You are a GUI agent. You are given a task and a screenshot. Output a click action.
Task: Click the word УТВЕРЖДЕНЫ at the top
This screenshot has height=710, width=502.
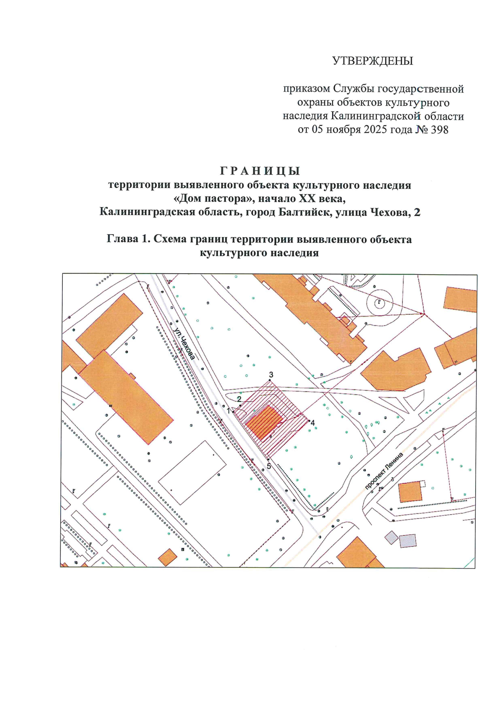pyautogui.click(x=372, y=61)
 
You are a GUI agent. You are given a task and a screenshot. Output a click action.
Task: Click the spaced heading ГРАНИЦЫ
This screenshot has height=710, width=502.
pyautogui.click(x=260, y=171)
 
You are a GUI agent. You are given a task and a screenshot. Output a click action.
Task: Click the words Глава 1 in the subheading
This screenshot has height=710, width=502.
pyautogui.click(x=128, y=239)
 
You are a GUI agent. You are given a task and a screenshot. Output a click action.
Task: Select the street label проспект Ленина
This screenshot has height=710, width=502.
pyautogui.click(x=384, y=471)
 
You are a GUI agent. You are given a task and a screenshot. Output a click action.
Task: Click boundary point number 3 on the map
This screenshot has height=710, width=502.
pyautogui.click(x=271, y=374)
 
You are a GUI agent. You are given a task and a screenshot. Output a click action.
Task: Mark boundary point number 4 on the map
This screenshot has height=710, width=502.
pyautogui.click(x=312, y=423)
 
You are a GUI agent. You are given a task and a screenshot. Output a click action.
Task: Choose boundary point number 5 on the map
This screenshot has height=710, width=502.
pyautogui.click(x=269, y=466)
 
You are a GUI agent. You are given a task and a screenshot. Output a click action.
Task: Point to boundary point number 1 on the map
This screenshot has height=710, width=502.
pyautogui.click(x=228, y=411)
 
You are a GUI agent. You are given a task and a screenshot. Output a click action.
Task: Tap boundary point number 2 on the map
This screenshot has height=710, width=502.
pyautogui.click(x=239, y=399)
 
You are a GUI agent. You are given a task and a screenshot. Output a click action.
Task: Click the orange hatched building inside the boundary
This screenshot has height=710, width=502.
pyautogui.click(x=263, y=422)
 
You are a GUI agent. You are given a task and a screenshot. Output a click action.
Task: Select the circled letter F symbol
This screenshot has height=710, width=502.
pyautogui.click(x=379, y=301)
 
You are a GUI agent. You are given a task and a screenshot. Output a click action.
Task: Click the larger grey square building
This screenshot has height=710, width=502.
pyautogui.click(x=408, y=541)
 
